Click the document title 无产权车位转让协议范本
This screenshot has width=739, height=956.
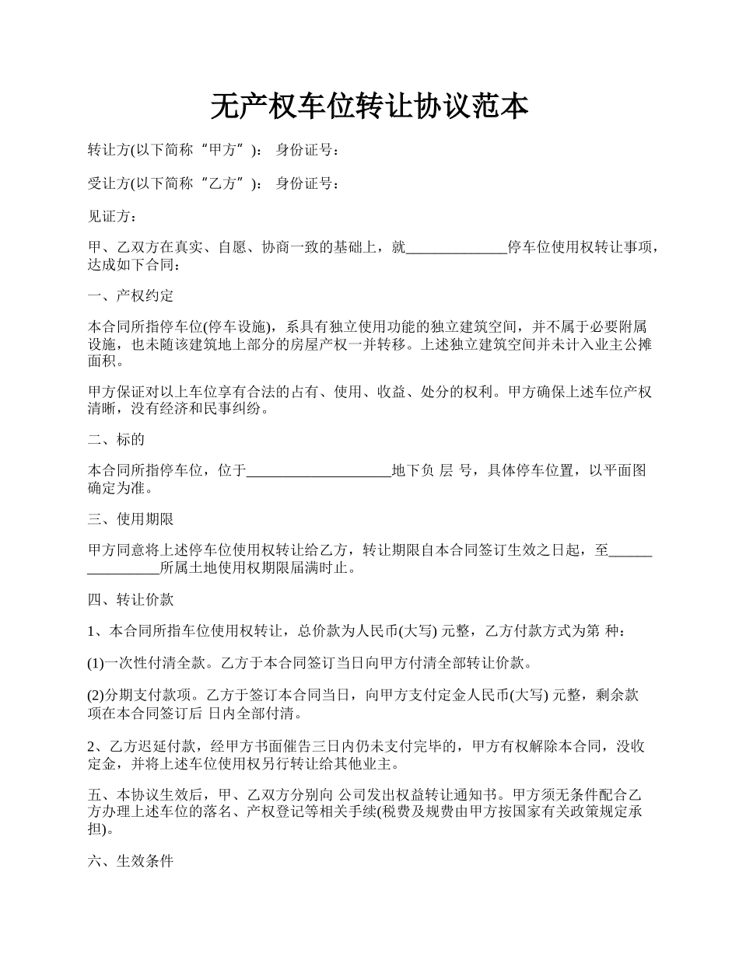click(369, 107)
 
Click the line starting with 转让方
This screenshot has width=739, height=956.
click(213, 150)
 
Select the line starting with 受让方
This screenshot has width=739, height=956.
click(213, 183)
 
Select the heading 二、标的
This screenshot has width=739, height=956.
click(116, 439)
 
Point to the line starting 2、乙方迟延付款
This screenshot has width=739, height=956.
click(366, 747)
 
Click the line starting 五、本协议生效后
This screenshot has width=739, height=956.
click(366, 796)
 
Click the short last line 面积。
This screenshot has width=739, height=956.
click(105, 361)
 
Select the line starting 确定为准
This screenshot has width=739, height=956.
click(120, 489)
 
